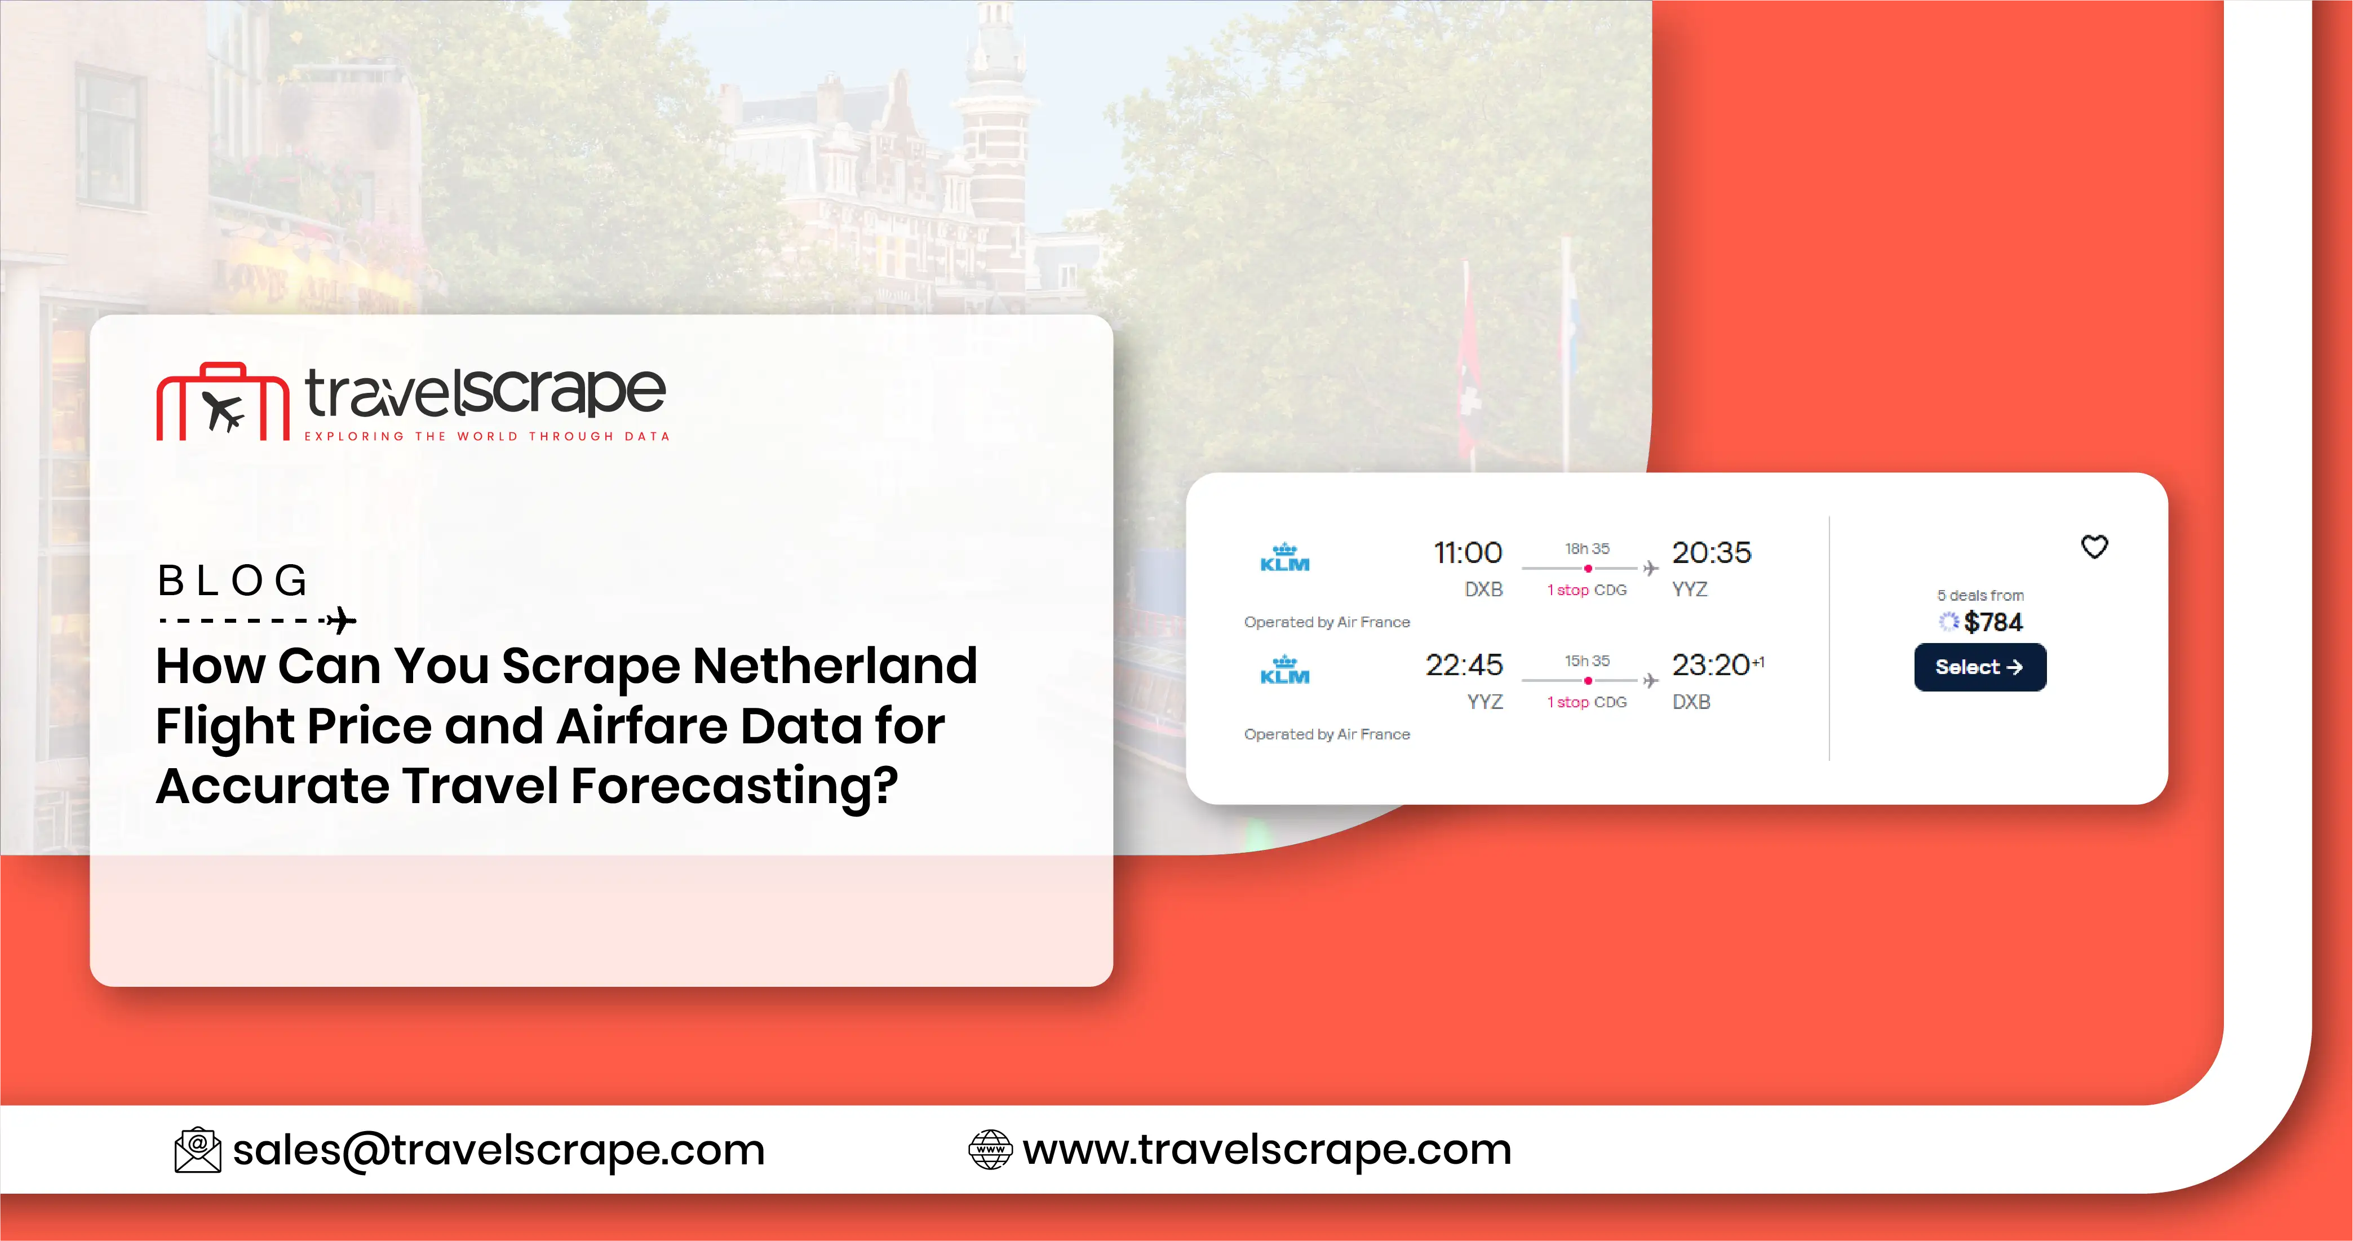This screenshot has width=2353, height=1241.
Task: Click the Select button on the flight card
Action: (1979, 667)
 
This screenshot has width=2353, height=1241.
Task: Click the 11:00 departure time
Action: (1467, 552)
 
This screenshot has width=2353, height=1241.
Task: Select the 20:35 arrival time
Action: (1711, 552)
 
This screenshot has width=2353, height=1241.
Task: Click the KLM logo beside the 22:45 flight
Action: (1284, 670)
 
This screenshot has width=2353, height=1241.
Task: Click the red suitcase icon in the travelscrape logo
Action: (222, 403)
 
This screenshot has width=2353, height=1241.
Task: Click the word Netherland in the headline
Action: (835, 666)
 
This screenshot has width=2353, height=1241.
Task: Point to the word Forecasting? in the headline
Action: (734, 786)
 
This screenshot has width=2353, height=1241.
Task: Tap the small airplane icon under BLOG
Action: (341, 621)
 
